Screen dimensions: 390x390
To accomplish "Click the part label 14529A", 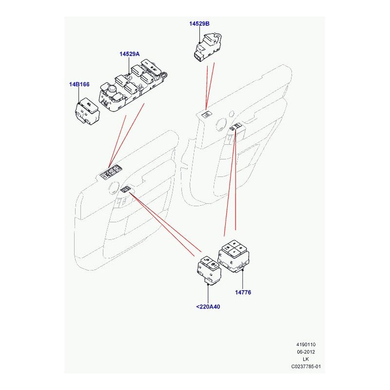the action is click(x=129, y=54).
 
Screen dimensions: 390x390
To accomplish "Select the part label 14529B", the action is click(x=199, y=23).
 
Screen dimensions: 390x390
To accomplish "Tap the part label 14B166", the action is click(x=79, y=84).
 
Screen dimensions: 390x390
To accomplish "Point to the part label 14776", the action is click(x=243, y=292).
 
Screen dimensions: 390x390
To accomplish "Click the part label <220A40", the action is click(x=208, y=307).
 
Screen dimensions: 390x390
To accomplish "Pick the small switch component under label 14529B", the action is click(x=207, y=47).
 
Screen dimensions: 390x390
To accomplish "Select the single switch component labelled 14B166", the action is click(x=87, y=111).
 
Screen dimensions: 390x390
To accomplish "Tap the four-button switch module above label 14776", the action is click(x=234, y=256).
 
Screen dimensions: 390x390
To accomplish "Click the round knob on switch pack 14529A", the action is click(x=112, y=89).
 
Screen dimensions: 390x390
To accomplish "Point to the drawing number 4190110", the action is click(x=306, y=345).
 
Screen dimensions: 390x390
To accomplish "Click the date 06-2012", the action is click(x=306, y=351).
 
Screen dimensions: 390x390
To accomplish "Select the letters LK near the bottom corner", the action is click(x=306, y=359).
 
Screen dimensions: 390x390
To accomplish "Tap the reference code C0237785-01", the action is click(x=306, y=367).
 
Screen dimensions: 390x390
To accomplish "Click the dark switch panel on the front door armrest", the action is click(x=111, y=172).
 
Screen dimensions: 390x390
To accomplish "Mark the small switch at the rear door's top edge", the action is click(x=207, y=115).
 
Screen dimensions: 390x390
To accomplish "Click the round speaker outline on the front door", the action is click(x=114, y=188).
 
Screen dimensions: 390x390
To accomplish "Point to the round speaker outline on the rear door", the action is click(x=221, y=124).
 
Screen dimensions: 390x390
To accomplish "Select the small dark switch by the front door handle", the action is click(x=126, y=190).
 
